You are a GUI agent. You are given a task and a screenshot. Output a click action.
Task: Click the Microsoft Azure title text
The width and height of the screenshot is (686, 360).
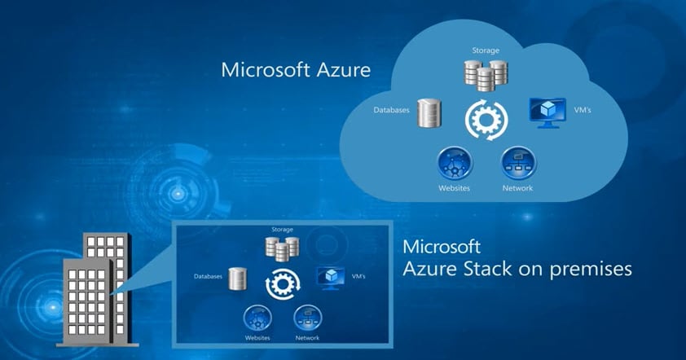[x=296, y=69]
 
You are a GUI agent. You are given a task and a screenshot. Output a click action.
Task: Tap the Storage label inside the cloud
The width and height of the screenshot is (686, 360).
[x=485, y=50]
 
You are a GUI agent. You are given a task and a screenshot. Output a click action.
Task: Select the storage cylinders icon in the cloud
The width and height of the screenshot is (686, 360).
[x=485, y=75]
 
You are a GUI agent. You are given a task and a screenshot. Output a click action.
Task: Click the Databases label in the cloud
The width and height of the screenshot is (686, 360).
[x=391, y=108]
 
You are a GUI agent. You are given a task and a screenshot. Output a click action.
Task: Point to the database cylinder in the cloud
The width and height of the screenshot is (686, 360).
[x=429, y=114]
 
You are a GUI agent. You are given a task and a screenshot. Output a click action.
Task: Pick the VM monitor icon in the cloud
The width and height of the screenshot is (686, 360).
[x=547, y=112]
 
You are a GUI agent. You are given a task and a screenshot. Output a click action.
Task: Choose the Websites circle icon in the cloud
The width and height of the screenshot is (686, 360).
[x=454, y=163]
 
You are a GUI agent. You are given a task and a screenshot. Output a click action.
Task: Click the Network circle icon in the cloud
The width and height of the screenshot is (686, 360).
[x=517, y=163]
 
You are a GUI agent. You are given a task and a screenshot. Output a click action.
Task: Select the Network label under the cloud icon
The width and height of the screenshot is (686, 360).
[x=517, y=189]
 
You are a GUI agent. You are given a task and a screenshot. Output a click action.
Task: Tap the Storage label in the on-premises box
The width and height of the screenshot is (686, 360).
[x=282, y=230]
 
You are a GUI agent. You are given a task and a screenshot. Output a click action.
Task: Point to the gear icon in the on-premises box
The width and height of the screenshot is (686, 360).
[x=282, y=283]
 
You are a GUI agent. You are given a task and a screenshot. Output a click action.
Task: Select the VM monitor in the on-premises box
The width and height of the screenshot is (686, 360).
[x=329, y=276]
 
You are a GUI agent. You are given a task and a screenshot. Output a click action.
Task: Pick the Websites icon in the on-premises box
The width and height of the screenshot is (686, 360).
[x=257, y=317]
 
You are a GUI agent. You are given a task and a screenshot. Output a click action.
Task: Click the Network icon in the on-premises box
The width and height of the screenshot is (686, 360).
[x=307, y=317]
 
